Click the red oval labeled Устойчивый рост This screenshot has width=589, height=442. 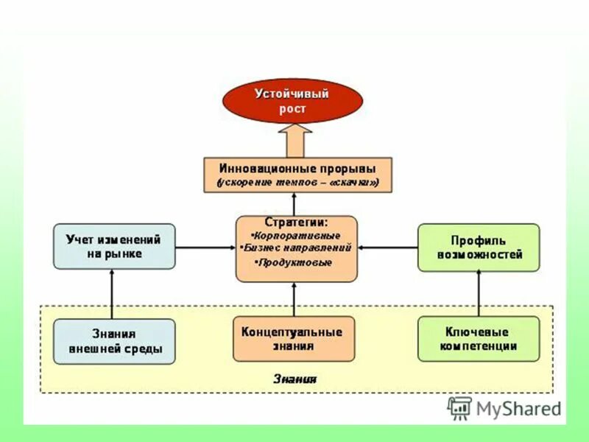tap(292, 102)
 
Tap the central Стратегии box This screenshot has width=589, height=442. tap(297, 248)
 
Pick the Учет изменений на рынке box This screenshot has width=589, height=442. tap(114, 246)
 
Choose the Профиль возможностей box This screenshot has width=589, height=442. tap(479, 246)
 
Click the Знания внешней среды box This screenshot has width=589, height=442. tap(114, 341)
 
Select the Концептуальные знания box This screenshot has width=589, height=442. tap(293, 338)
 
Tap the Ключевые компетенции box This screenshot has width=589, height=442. tap(479, 339)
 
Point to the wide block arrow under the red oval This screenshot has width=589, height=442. tap(295, 139)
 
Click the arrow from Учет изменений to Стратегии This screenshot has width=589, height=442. tap(205, 247)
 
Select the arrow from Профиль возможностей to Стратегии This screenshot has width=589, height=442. tap(387, 247)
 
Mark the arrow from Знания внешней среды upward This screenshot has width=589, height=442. tap(112, 293)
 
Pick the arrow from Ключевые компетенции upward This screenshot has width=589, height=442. tap(479, 293)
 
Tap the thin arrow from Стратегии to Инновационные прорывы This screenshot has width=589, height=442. tap(294, 204)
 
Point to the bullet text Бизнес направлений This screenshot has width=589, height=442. tap(297, 248)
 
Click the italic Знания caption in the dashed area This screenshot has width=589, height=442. tap(294, 379)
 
